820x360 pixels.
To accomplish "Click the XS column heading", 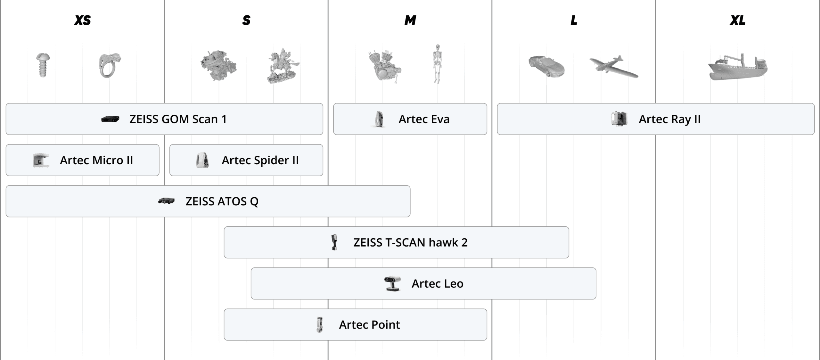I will [82, 20].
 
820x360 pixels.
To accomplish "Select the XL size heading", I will [737, 20].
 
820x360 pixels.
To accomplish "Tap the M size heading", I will [410, 20].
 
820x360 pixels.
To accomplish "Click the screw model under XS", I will [43, 65].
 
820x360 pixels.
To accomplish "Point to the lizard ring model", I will [110, 65].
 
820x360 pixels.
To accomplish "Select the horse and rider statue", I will [283, 67].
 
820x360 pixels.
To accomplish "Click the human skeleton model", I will [437, 64].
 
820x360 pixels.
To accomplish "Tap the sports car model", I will [546, 66].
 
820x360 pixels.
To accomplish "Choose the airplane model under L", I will [613, 67].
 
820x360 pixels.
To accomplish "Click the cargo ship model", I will [737, 67].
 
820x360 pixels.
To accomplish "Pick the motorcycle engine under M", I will [384, 67].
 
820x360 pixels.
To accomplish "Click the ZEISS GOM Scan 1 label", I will [178, 119].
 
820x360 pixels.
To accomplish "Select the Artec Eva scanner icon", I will [379, 119].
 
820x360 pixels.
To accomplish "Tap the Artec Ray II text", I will [670, 119].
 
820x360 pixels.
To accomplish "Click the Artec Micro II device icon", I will [41, 160].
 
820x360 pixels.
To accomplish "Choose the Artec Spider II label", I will [260, 160].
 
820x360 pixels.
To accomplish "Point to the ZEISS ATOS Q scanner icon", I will [166, 201].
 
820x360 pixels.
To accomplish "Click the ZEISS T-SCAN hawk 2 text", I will [410, 242].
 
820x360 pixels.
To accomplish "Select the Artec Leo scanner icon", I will [392, 283].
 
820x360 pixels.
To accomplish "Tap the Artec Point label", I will [369, 325].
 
